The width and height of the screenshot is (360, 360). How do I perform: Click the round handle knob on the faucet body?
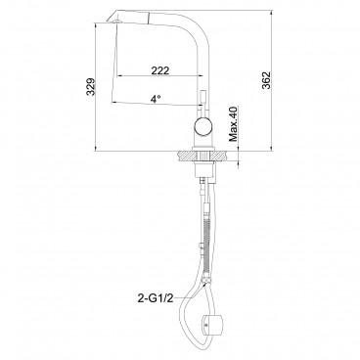point(202,127)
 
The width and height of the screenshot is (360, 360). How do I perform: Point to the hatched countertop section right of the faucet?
point(218,155)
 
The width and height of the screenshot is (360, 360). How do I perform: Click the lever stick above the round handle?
point(203,102)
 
